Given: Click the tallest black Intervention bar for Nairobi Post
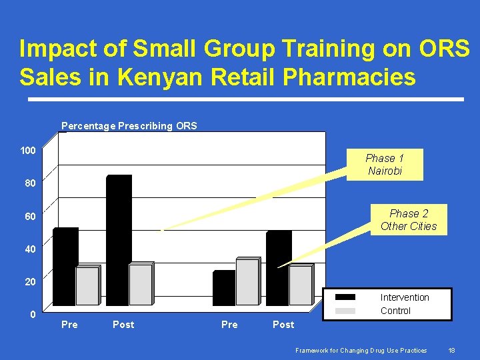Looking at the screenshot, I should pyautogui.click(x=119, y=240).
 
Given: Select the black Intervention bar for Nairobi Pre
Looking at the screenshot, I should pyautogui.click(x=65, y=267).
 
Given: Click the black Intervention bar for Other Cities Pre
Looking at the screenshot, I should pyautogui.click(x=224, y=288).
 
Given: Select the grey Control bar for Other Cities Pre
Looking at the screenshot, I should pyautogui.click(x=247, y=281).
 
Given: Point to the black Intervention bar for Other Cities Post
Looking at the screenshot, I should pyautogui.click(x=278, y=268).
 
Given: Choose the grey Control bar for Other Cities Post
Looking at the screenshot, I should pyautogui.click(x=301, y=285).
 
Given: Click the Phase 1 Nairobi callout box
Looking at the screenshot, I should pyautogui.click(x=385, y=164).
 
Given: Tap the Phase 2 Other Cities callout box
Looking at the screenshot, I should pyautogui.click(x=409, y=219).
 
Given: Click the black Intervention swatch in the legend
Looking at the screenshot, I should pyautogui.click(x=345, y=297).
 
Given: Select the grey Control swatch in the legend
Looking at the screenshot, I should pyautogui.click(x=345, y=311).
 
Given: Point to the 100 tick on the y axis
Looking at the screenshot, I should pyautogui.click(x=27, y=151).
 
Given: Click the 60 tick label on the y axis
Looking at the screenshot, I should pyautogui.click(x=31, y=217).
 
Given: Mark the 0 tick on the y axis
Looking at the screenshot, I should pyautogui.click(x=32, y=314).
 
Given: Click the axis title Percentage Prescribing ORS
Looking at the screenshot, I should pyautogui.click(x=129, y=125).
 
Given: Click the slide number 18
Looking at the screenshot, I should pyautogui.click(x=451, y=350).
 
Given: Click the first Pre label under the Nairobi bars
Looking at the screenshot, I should pyautogui.click(x=69, y=325).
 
